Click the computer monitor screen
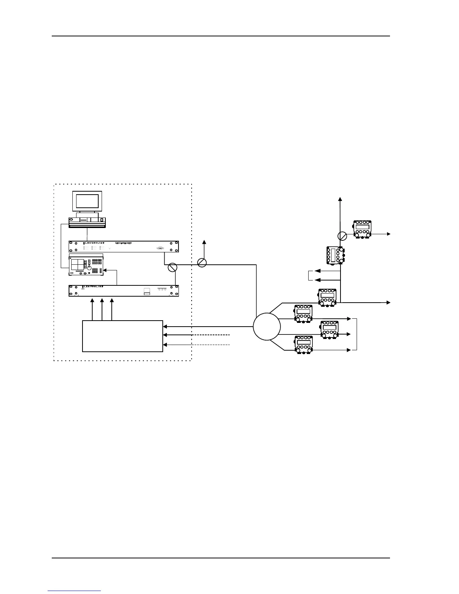87,202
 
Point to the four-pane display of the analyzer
77,264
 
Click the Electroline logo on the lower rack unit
93,286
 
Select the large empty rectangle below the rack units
122,336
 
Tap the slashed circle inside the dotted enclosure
172,267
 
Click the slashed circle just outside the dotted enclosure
202,262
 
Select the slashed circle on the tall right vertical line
342,236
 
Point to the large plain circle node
267,327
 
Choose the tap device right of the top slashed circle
362,229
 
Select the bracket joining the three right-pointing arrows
357,334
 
